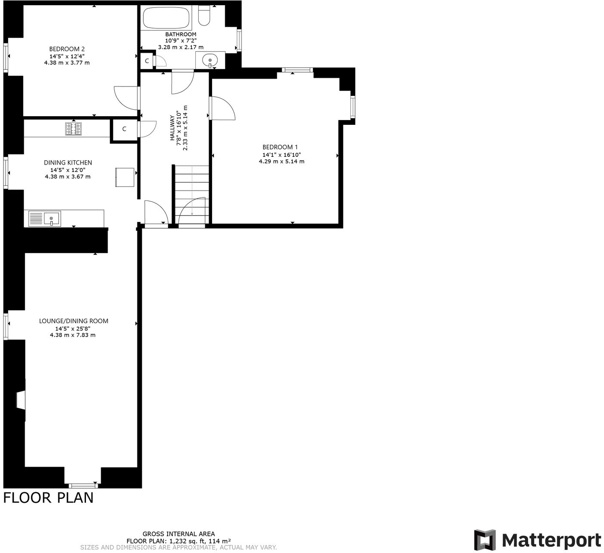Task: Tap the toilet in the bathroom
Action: (204, 16)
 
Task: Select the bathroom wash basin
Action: (210, 60)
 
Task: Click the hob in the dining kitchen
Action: (73, 129)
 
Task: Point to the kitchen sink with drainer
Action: (45, 219)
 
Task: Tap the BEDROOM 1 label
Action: (280, 147)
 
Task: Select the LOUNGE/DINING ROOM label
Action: (73, 321)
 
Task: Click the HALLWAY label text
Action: (172, 127)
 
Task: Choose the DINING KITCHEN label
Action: (68, 162)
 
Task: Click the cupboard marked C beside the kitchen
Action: (124, 129)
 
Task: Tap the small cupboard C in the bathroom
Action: (147, 61)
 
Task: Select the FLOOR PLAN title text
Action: (48, 498)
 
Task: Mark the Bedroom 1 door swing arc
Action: (224, 108)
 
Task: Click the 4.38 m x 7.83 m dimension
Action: (73, 335)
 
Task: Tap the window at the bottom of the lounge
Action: (83, 486)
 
